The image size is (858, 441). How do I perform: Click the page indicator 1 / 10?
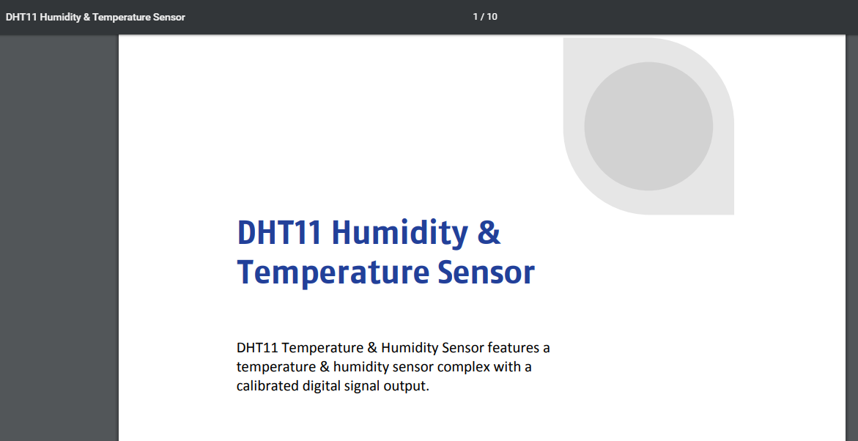[485, 16]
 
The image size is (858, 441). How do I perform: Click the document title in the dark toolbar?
[95, 17]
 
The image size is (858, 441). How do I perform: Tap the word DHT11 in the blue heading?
[279, 232]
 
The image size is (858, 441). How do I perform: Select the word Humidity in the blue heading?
[399, 233]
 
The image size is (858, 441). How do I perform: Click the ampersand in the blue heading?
[489, 232]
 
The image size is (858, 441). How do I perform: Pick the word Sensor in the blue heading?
[487, 273]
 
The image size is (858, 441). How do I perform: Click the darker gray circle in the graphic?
[648, 127]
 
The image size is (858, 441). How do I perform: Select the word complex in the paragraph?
[464, 367]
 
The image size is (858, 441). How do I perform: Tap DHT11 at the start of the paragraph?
[257, 348]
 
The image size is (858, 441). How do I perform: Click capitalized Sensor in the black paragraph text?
[463, 348]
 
